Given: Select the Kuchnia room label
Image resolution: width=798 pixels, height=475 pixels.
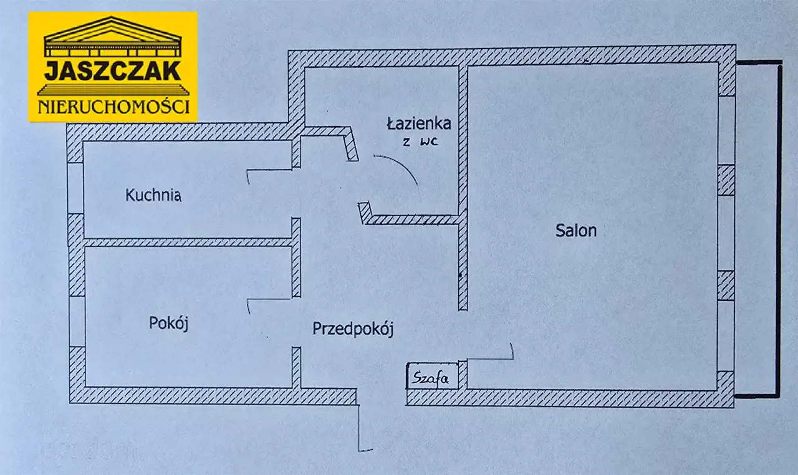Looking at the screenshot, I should (153, 196).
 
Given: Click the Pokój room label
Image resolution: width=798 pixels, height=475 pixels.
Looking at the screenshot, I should (168, 324).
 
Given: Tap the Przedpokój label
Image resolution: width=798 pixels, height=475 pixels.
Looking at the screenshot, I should (353, 329).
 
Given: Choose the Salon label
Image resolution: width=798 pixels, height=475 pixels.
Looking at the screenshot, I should (576, 231).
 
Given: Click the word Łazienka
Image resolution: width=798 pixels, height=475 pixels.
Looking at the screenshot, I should (418, 123).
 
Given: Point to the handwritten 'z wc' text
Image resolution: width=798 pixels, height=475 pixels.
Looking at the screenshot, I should (420, 142).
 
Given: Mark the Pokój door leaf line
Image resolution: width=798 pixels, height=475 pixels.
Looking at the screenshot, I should (269, 300).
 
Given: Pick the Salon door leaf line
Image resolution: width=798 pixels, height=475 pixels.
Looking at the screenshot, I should (490, 358).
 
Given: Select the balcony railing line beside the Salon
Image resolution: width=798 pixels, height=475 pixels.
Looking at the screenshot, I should (778, 228).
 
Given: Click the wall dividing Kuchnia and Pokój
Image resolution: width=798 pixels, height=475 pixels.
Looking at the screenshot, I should (187, 242).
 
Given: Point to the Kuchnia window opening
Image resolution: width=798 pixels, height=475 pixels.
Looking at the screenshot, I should (75, 188).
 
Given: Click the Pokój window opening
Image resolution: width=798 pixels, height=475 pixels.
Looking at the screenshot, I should (76, 321).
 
